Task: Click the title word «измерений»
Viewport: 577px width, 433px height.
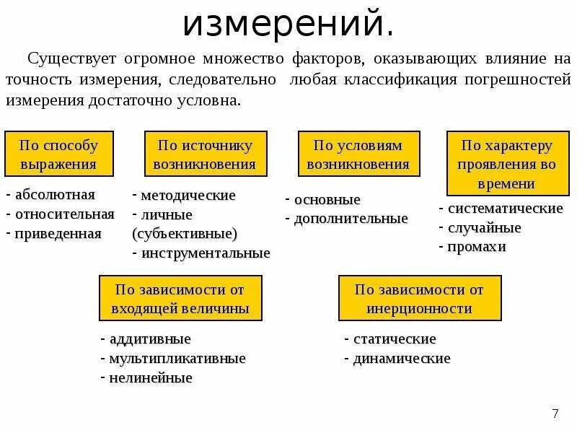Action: (x=288, y=24)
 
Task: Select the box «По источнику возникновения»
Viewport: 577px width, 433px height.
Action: (x=206, y=154)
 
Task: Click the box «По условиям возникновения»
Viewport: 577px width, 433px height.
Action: (x=359, y=154)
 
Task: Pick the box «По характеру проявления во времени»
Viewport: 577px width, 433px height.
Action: (x=508, y=164)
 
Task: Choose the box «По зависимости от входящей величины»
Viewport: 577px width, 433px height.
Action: (x=181, y=299)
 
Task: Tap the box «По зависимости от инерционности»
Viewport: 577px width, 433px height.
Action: (x=420, y=299)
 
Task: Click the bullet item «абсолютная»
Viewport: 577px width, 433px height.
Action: (x=55, y=195)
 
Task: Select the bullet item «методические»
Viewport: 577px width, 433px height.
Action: (x=188, y=196)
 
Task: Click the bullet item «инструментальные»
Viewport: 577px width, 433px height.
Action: (x=206, y=253)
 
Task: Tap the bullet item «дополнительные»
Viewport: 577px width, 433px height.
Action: (x=351, y=219)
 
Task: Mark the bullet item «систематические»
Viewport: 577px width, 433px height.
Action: (x=505, y=209)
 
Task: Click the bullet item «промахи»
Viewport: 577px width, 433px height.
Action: (x=477, y=247)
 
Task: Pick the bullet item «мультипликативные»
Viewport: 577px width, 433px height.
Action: (x=177, y=359)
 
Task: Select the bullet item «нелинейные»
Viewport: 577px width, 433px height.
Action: (x=151, y=377)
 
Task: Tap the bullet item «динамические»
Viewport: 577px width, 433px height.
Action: (x=402, y=359)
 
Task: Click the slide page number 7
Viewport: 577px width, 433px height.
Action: (x=555, y=414)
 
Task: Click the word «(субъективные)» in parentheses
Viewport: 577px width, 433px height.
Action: (x=185, y=234)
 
